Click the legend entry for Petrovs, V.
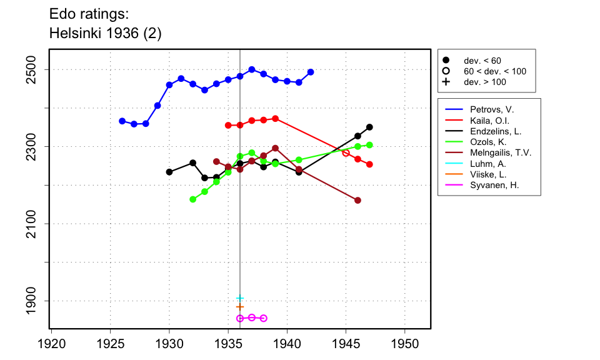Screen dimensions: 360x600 click(487, 109)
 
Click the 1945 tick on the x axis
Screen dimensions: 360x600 click(346, 343)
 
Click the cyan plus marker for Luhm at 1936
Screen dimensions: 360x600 click(240, 298)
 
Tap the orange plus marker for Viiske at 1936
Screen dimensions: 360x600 click(240, 307)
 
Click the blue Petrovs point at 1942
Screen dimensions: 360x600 click(311, 72)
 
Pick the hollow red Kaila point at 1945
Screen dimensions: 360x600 click(346, 152)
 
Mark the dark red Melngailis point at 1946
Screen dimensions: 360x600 click(358, 200)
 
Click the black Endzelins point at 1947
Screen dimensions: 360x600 click(369, 127)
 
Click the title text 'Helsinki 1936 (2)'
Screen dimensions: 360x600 click(105, 34)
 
